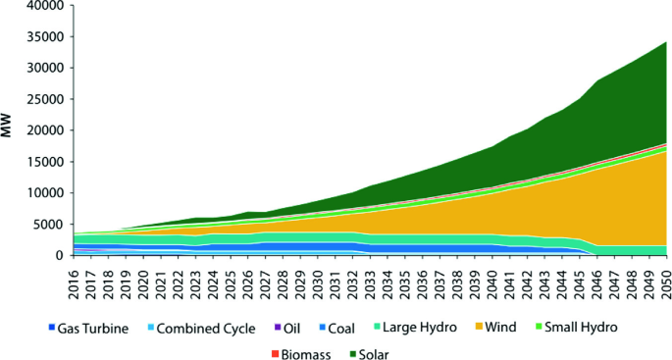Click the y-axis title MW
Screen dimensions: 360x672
click(x=9, y=130)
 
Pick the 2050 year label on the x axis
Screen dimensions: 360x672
click(x=665, y=278)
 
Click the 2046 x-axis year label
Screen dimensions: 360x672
click(x=596, y=278)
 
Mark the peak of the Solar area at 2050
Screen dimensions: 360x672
click(x=665, y=42)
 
